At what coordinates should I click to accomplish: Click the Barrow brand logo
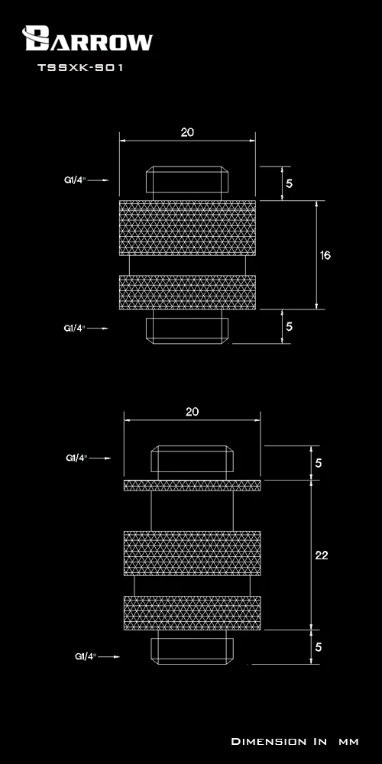coord(87,38)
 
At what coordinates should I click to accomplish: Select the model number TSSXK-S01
coord(80,68)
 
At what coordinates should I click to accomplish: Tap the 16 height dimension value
coord(325,255)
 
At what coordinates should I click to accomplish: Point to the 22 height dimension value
coord(322,555)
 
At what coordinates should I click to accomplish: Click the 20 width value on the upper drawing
coord(187,132)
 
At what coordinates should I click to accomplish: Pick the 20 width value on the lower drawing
coord(192,412)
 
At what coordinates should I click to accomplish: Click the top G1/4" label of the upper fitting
coord(75,180)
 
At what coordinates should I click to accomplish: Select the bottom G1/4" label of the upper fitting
coord(75,328)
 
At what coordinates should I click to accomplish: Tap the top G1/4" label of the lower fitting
coord(76,458)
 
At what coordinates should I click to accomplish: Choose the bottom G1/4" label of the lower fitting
coord(86,656)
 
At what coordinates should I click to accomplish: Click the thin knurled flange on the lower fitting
coord(192,485)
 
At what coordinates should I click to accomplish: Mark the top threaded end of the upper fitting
coord(188,180)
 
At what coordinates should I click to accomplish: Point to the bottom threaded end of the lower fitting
coord(192,651)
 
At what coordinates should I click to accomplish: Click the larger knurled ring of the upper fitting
coord(188,228)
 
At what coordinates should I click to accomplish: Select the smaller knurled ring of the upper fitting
coord(188,293)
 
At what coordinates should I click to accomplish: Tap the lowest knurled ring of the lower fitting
coord(192,613)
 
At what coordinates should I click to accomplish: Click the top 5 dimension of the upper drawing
coord(290,183)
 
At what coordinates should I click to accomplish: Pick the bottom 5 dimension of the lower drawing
coord(319,647)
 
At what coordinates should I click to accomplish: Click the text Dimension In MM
coord(295,742)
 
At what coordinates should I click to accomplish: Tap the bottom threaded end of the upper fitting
coord(188,330)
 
